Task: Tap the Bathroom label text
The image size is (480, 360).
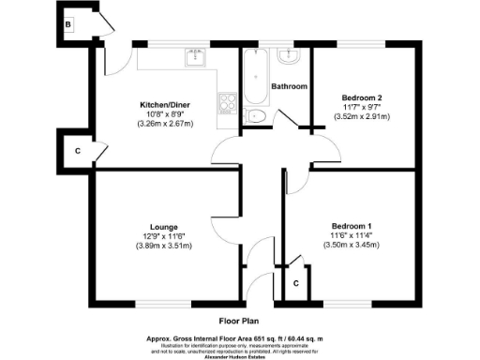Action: tap(289, 86)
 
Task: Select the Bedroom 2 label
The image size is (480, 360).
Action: tap(361, 97)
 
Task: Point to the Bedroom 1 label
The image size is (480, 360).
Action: tap(352, 225)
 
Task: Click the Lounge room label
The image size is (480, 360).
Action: tap(157, 225)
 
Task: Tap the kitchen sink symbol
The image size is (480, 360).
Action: tap(201, 59)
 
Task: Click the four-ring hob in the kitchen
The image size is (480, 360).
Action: tap(228, 104)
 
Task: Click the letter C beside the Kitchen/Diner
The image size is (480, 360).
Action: tap(77, 151)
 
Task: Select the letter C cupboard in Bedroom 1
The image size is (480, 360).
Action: tap(296, 282)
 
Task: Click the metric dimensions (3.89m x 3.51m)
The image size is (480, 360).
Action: tap(157, 246)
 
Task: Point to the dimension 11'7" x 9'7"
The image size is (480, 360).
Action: tap(361, 107)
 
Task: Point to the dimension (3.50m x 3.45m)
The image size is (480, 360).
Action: tap(352, 245)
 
